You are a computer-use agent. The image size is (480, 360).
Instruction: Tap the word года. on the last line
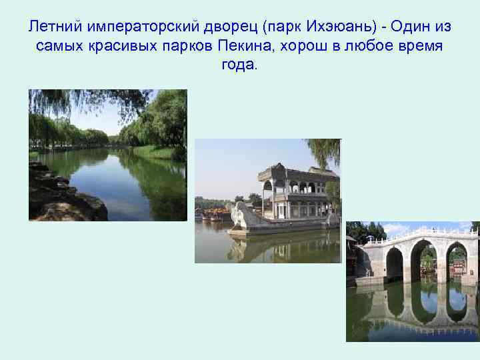point(238,67)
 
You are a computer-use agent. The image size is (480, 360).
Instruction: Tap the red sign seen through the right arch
point(458,267)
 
